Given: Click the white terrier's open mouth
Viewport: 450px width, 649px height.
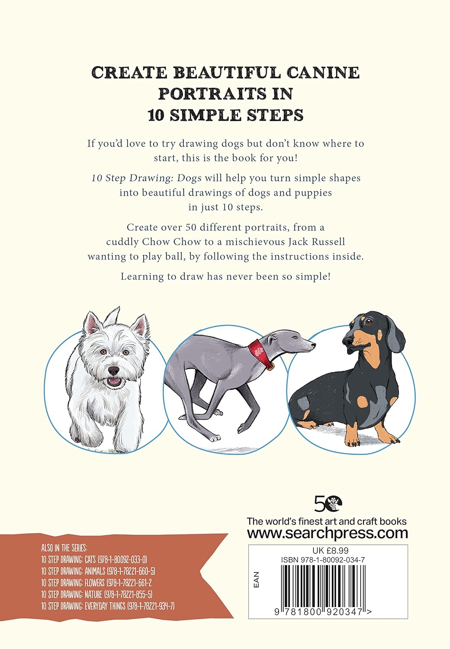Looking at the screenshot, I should (114, 382).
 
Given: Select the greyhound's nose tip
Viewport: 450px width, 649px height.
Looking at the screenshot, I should (314, 345).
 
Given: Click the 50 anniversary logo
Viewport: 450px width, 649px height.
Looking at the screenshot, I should (328, 504).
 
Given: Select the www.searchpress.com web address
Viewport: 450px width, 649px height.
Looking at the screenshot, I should (327, 533).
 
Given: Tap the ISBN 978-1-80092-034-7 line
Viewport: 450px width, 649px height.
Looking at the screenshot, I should (323, 559).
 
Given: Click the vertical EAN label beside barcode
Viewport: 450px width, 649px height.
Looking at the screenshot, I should (256, 580).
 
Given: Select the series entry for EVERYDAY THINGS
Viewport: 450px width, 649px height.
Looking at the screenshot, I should (107, 606).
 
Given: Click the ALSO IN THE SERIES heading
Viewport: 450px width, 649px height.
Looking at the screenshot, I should (64, 548).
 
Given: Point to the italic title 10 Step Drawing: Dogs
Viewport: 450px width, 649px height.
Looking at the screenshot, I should (146, 178).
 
